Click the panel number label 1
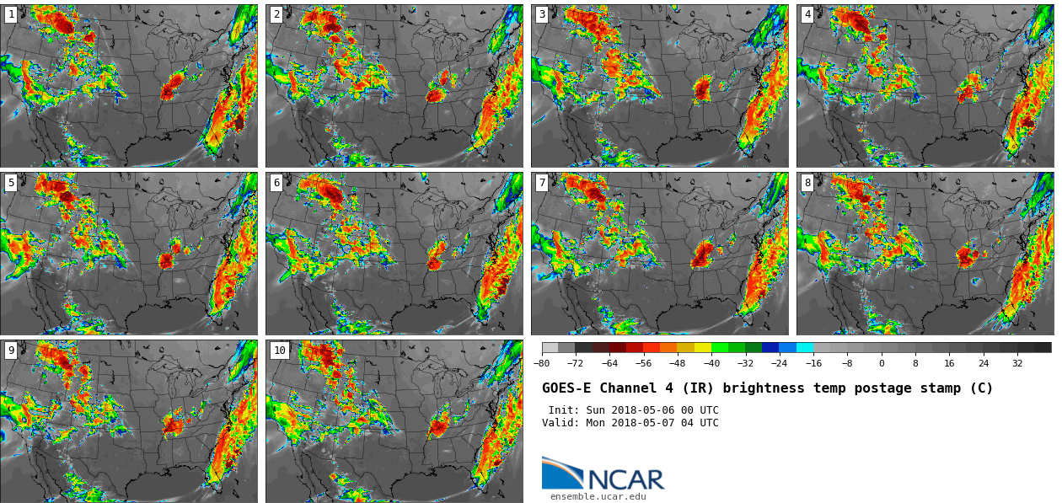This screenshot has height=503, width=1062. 11,14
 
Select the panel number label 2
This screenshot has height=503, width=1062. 276,14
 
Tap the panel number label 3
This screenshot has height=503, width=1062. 542,14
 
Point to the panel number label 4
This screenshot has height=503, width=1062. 807,14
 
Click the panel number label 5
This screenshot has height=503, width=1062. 11,183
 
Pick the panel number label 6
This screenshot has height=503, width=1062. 276,183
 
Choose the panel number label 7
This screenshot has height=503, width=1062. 542,183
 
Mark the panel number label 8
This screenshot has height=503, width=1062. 807,183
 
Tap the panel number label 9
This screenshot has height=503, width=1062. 11,350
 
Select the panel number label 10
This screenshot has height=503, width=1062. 279,350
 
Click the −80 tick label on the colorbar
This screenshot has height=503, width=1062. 541,364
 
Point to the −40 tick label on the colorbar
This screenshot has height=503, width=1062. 711,364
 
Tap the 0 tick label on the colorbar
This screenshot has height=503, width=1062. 882,364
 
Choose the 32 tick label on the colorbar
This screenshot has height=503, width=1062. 1017,364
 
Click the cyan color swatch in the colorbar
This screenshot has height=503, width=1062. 805,347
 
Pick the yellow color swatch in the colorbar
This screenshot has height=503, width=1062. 703,347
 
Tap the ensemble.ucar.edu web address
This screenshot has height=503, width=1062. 598,497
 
